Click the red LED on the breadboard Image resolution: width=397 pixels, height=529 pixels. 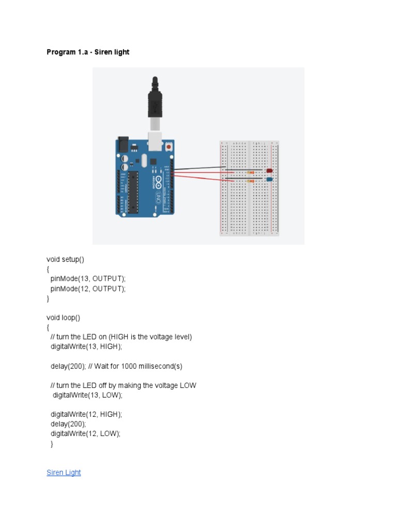pyautogui.click(x=269, y=170)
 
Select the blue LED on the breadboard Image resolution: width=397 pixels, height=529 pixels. pyautogui.click(x=269, y=179)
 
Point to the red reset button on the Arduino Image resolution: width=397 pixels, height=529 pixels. pyautogui.click(x=169, y=147)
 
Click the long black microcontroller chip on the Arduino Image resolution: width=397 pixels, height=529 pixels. pyautogui.click(x=134, y=191)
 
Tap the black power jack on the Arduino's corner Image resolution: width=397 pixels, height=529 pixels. pyautogui.click(x=123, y=144)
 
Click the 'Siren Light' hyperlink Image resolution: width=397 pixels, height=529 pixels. pyautogui.click(x=64, y=473)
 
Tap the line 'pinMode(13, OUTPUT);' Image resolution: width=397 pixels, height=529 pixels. pyautogui.click(x=88, y=278)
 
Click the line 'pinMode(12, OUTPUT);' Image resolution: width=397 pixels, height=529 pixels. pyautogui.click(x=88, y=288)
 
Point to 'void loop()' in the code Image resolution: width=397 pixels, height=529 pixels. pyautogui.click(x=64, y=318)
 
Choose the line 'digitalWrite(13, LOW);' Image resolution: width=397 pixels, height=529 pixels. pyautogui.click(x=87, y=395)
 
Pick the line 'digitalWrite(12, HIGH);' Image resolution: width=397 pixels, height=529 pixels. pyautogui.click(x=86, y=414)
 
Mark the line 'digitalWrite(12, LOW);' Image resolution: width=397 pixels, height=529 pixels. pyautogui.click(x=85, y=433)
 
